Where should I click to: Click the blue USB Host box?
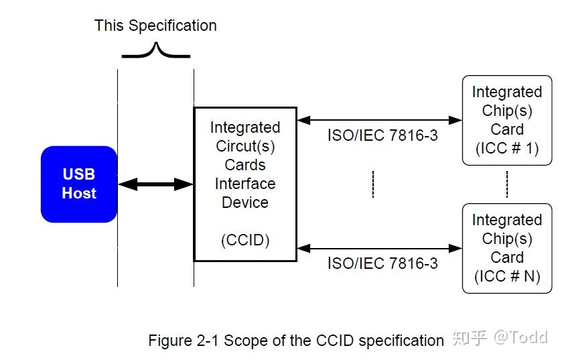point(79,184)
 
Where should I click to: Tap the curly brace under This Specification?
point(156,51)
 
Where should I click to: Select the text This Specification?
point(155,25)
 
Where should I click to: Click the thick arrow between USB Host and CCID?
point(155,184)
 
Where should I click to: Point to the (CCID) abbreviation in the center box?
point(245,240)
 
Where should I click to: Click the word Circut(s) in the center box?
point(245,146)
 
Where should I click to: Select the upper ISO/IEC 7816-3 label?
point(382,135)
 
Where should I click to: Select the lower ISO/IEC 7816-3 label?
point(382,263)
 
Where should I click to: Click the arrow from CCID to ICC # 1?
point(379,121)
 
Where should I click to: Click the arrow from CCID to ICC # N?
point(379,248)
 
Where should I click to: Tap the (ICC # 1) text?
point(507,148)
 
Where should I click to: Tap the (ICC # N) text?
point(507,276)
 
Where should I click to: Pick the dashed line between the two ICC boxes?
point(507,184)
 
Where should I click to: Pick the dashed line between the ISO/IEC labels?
point(373,184)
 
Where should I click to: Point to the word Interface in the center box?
point(245,184)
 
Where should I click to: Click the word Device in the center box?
point(245,202)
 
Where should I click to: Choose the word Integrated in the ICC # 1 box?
point(507,92)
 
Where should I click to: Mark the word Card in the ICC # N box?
point(507,257)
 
